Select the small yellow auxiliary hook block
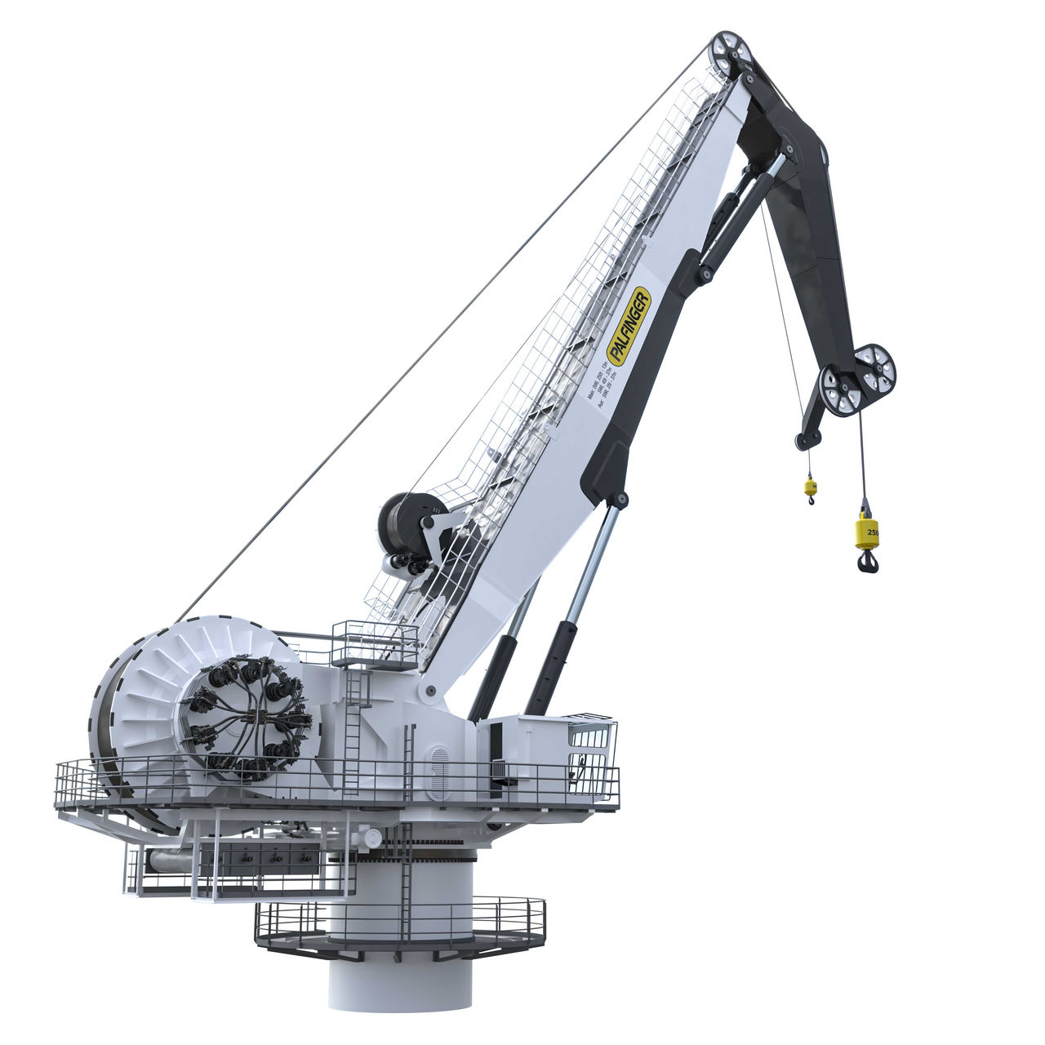(810, 487)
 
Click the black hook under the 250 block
(868, 561)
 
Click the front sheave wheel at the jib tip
(840, 390)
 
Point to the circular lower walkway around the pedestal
(400, 931)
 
